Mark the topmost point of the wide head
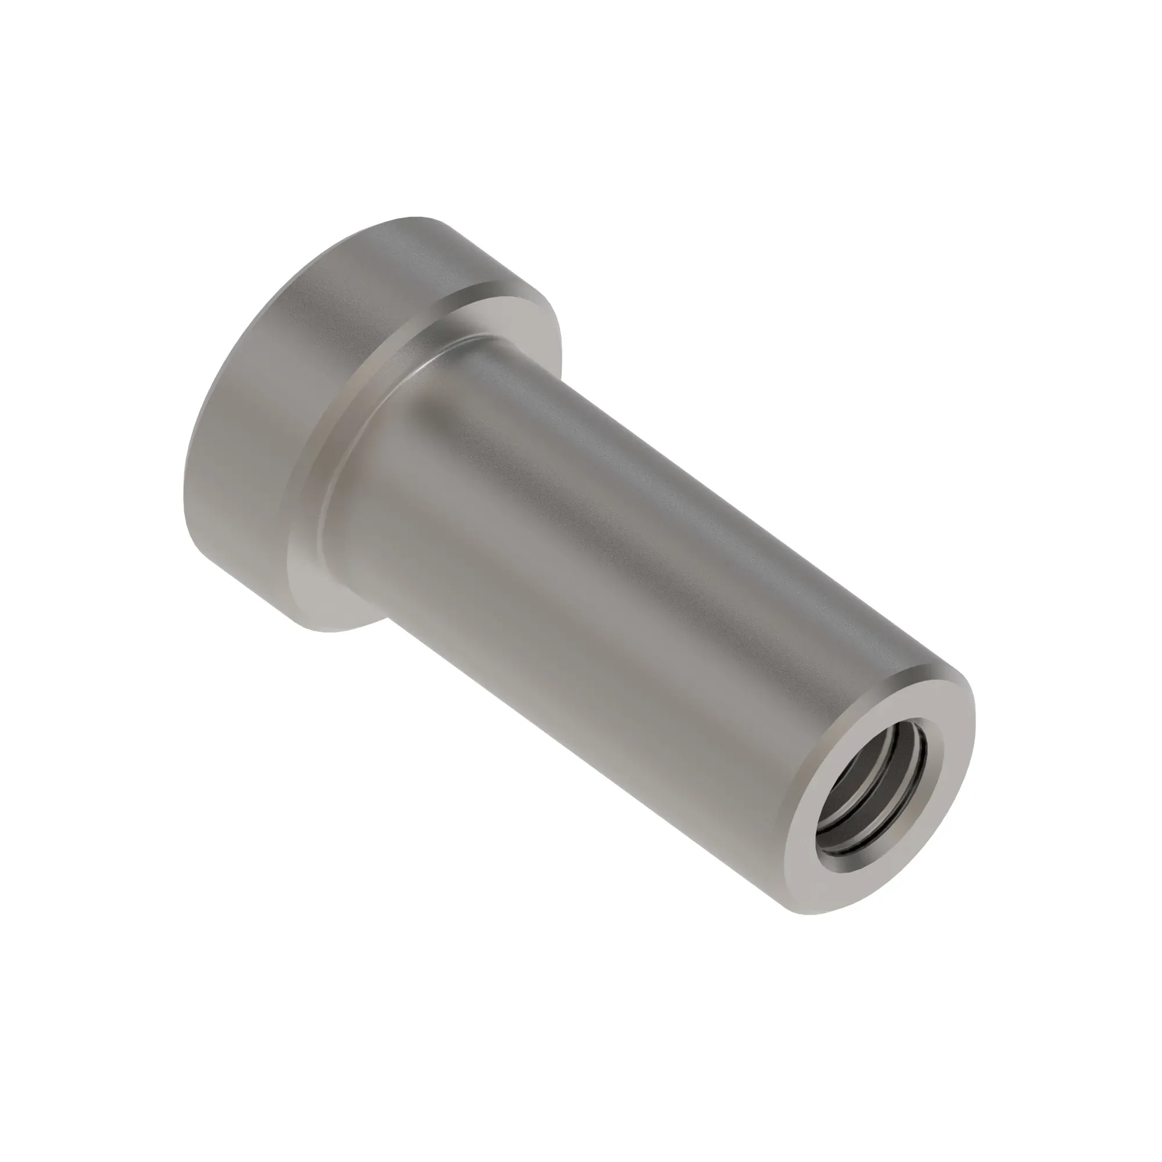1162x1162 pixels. click(x=421, y=217)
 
